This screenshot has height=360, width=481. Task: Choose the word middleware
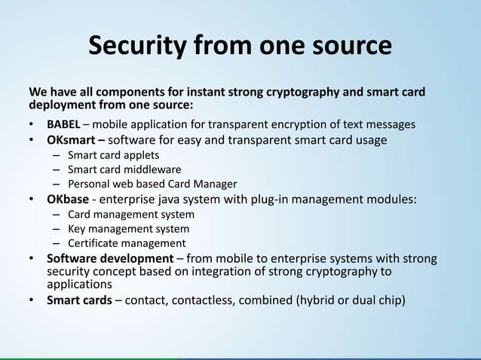152,169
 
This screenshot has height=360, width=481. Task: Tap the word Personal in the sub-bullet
88,184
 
